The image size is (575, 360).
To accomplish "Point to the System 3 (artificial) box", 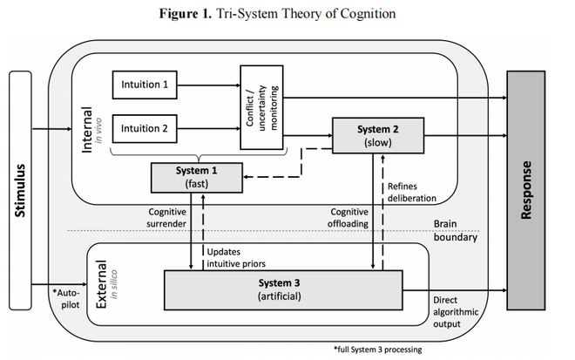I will pos(282,289).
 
